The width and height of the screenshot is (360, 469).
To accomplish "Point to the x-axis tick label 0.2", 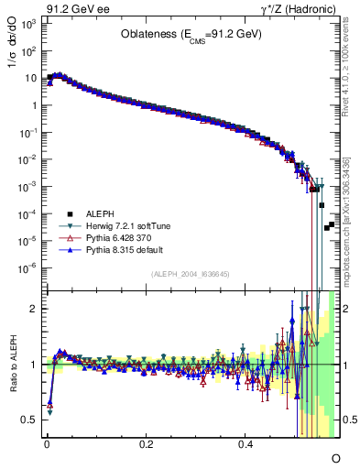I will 146,443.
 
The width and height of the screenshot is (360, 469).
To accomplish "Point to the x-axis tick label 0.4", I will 245,443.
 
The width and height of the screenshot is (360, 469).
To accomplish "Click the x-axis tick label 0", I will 47,443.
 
